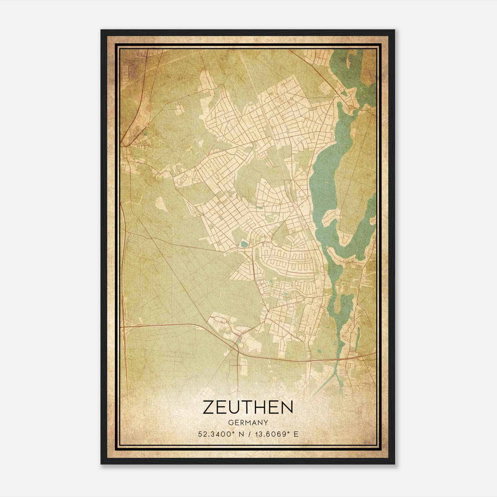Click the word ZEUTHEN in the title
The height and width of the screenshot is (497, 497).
point(248,408)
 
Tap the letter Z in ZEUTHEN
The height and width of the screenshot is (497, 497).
point(208,408)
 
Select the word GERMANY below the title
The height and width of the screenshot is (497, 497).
point(248,423)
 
